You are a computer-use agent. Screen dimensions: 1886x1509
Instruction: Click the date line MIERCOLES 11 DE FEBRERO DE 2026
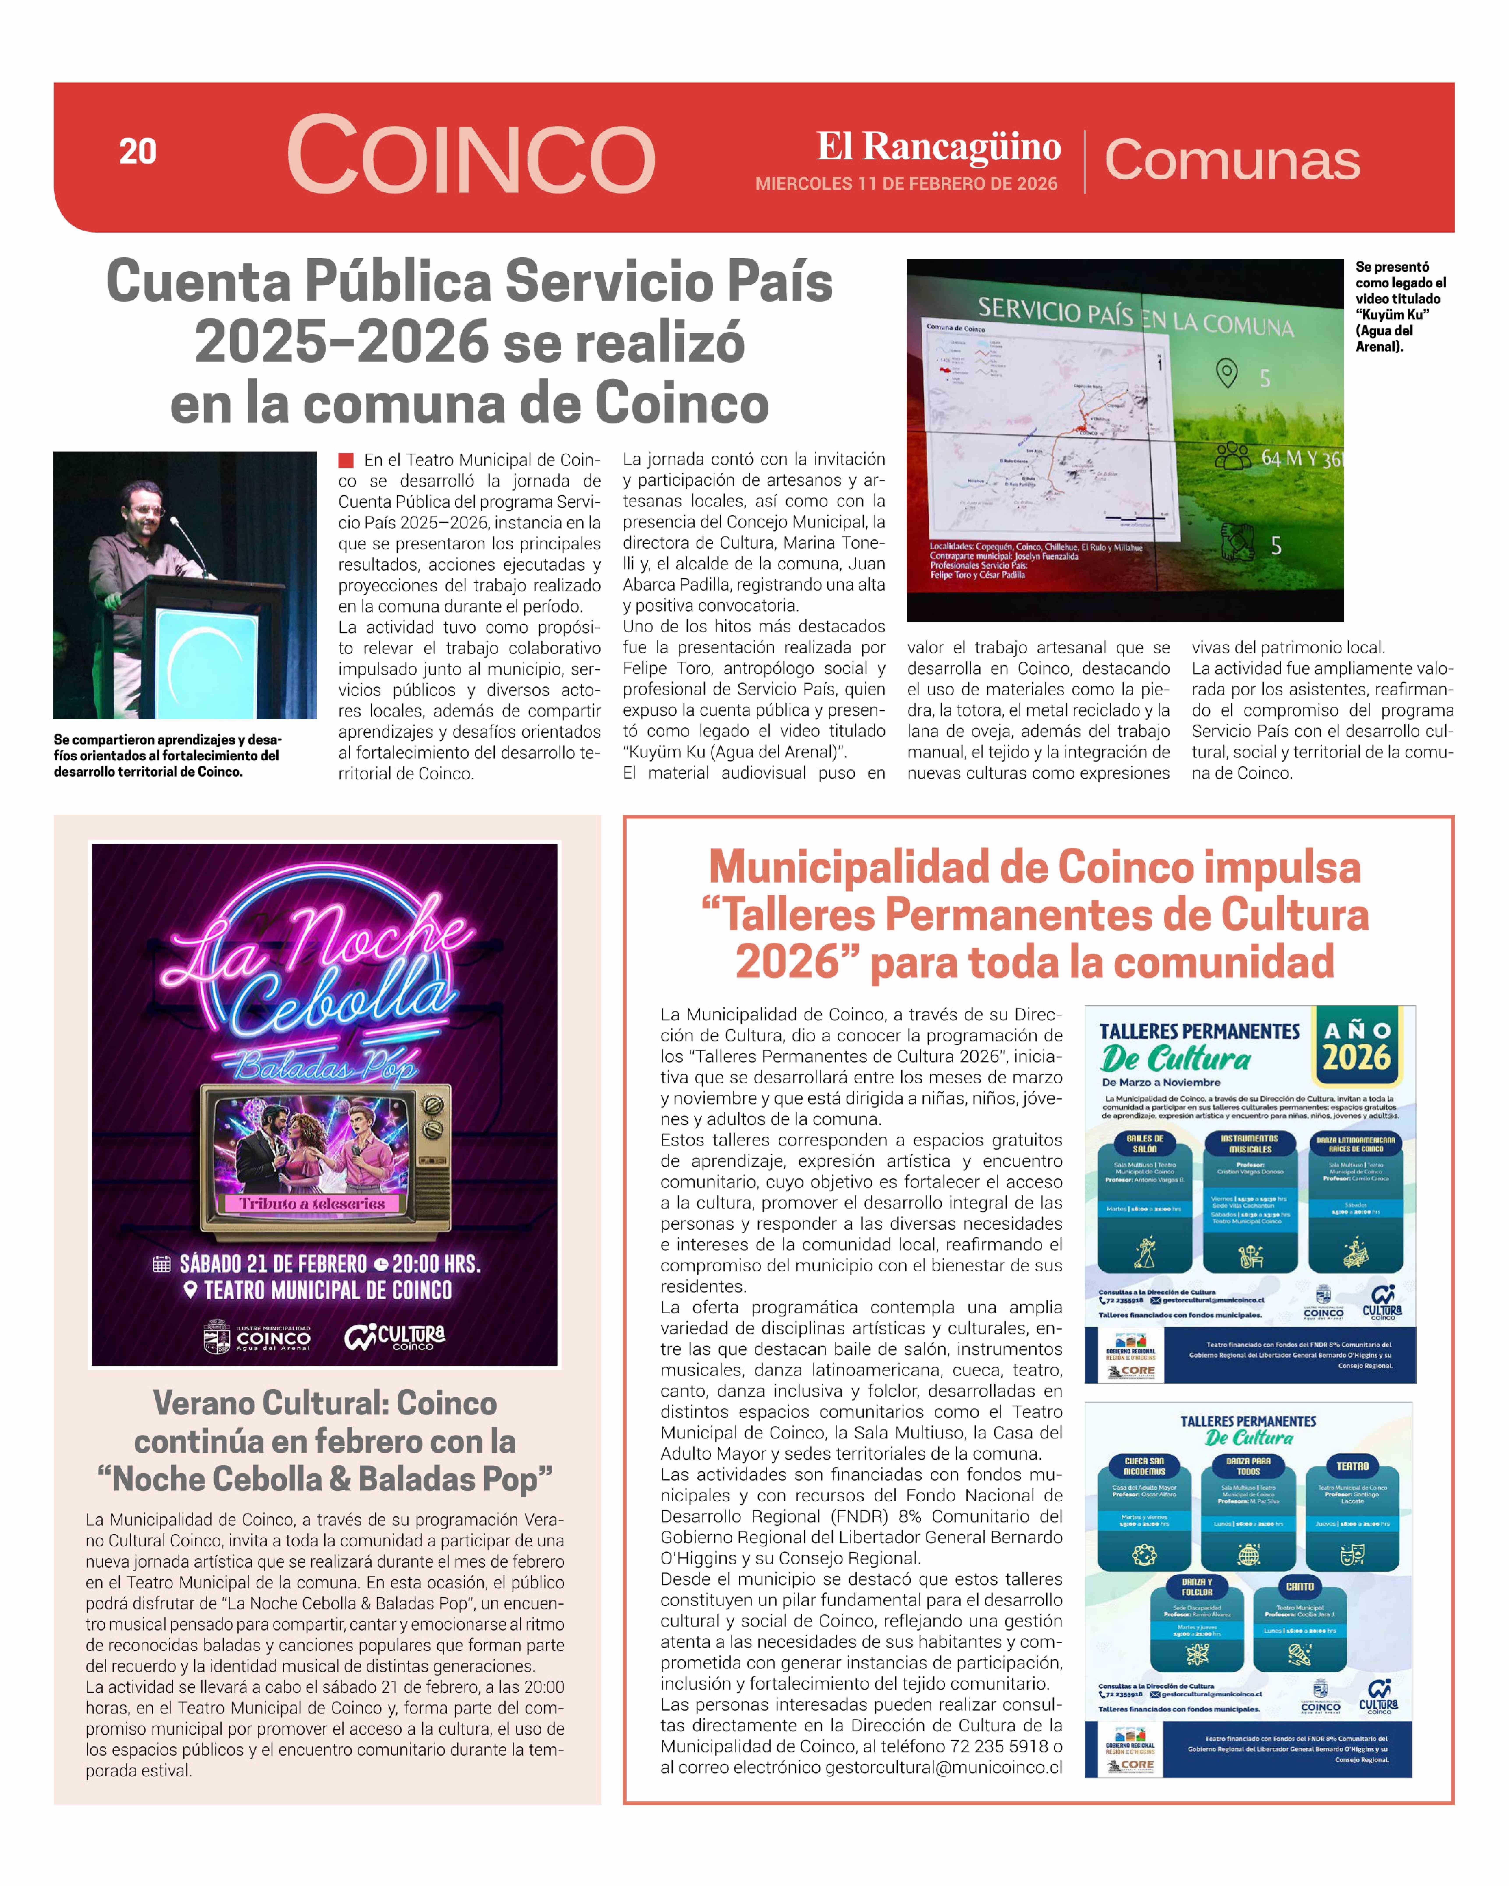(906, 184)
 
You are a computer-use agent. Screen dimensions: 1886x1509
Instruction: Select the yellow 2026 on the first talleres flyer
(1356, 1058)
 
